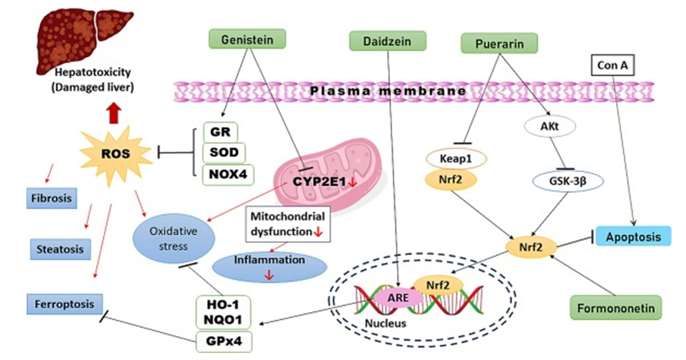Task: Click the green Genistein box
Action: pyautogui.click(x=247, y=39)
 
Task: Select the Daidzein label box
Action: pyautogui.click(x=387, y=41)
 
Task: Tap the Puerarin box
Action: pyautogui.click(x=499, y=43)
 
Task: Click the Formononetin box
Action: pyautogui.click(x=615, y=307)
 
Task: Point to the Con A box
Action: pyautogui.click(x=612, y=65)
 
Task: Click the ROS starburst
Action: pyautogui.click(x=116, y=153)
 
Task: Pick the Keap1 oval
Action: pyautogui.click(x=455, y=158)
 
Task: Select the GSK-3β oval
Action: pyautogui.click(x=567, y=181)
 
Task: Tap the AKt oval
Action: pyautogui.click(x=549, y=126)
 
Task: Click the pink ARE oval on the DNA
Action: pyautogui.click(x=398, y=298)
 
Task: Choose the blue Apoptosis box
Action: pyautogui.click(x=633, y=237)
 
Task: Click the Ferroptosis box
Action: pyautogui.click(x=64, y=304)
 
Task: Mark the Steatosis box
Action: pyautogui.click(x=60, y=249)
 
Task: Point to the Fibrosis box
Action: pyautogui.click(x=51, y=198)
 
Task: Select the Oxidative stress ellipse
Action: pyautogui.click(x=173, y=238)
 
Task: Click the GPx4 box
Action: pyautogui.click(x=224, y=341)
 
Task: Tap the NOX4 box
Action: pyautogui.click(x=228, y=174)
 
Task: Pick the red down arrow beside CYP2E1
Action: pyautogui.click(x=352, y=182)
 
